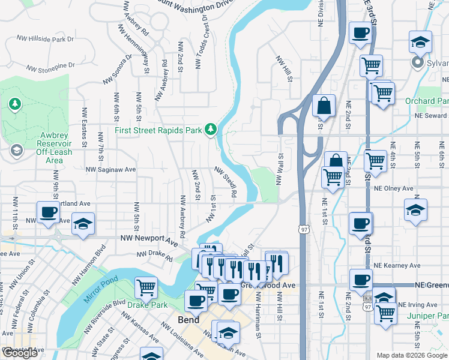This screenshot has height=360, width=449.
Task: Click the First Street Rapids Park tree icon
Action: (x=210, y=129)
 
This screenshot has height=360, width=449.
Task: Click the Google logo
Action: (x=20, y=353)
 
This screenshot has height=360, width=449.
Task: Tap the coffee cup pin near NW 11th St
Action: (x=48, y=212)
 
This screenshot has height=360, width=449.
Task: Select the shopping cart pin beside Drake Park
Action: (x=146, y=287)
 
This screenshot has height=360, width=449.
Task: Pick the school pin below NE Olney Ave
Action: (x=415, y=210)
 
